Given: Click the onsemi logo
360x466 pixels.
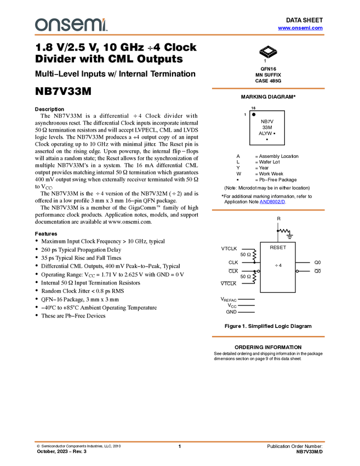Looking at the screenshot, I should (71, 25).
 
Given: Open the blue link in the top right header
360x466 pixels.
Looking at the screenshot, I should (300, 28).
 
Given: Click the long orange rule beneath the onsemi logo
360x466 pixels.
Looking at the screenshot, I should (180, 35).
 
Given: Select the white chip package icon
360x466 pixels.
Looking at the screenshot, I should (268, 51).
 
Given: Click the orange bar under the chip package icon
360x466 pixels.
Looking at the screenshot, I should (268, 88).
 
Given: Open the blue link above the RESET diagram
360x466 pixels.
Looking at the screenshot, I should (272, 202).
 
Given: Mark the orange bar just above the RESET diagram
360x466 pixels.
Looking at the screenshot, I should (268, 210).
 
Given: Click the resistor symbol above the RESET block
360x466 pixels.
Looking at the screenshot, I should (284, 231).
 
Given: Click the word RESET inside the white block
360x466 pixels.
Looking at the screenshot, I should (278, 248).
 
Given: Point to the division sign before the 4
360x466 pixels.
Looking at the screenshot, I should (276, 265).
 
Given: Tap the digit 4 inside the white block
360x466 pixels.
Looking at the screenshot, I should (281, 265).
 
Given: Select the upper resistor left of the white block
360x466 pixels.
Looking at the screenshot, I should (254, 255).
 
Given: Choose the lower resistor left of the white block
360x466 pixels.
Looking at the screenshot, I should (254, 277).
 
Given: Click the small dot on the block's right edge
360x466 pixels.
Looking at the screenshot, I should (297, 271).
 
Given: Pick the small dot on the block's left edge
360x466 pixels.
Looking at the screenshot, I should (259, 271).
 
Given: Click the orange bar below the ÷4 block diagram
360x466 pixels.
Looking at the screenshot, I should (268, 337).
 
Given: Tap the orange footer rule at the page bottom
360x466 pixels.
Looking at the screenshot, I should (180, 441).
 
